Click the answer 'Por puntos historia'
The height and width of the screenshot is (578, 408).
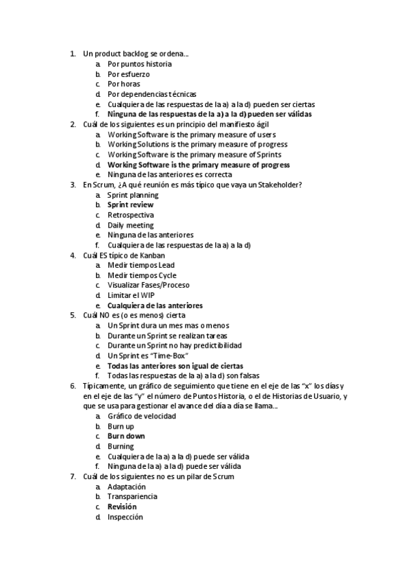click(139, 64)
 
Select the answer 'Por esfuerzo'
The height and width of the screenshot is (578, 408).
click(129, 74)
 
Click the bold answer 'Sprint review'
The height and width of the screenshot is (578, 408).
click(131, 205)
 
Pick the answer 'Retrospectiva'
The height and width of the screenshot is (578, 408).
click(131, 215)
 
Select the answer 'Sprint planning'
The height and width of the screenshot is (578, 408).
click(133, 195)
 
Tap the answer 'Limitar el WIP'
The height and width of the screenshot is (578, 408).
click(131, 296)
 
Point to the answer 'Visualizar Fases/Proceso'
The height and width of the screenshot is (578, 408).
click(148, 286)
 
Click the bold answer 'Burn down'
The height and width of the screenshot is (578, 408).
click(126, 436)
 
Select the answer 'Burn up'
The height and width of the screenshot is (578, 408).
click(121, 426)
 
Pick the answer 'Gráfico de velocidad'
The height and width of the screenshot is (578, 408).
click(142, 416)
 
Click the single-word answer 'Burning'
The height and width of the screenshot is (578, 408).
click(121, 446)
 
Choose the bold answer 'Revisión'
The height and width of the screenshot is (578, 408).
click(122, 507)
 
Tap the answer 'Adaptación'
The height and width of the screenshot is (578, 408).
click(127, 487)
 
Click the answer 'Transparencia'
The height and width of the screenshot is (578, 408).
click(132, 497)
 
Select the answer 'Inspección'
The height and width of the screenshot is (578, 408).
click(125, 517)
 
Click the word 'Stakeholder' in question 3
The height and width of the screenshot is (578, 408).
click(279, 185)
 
